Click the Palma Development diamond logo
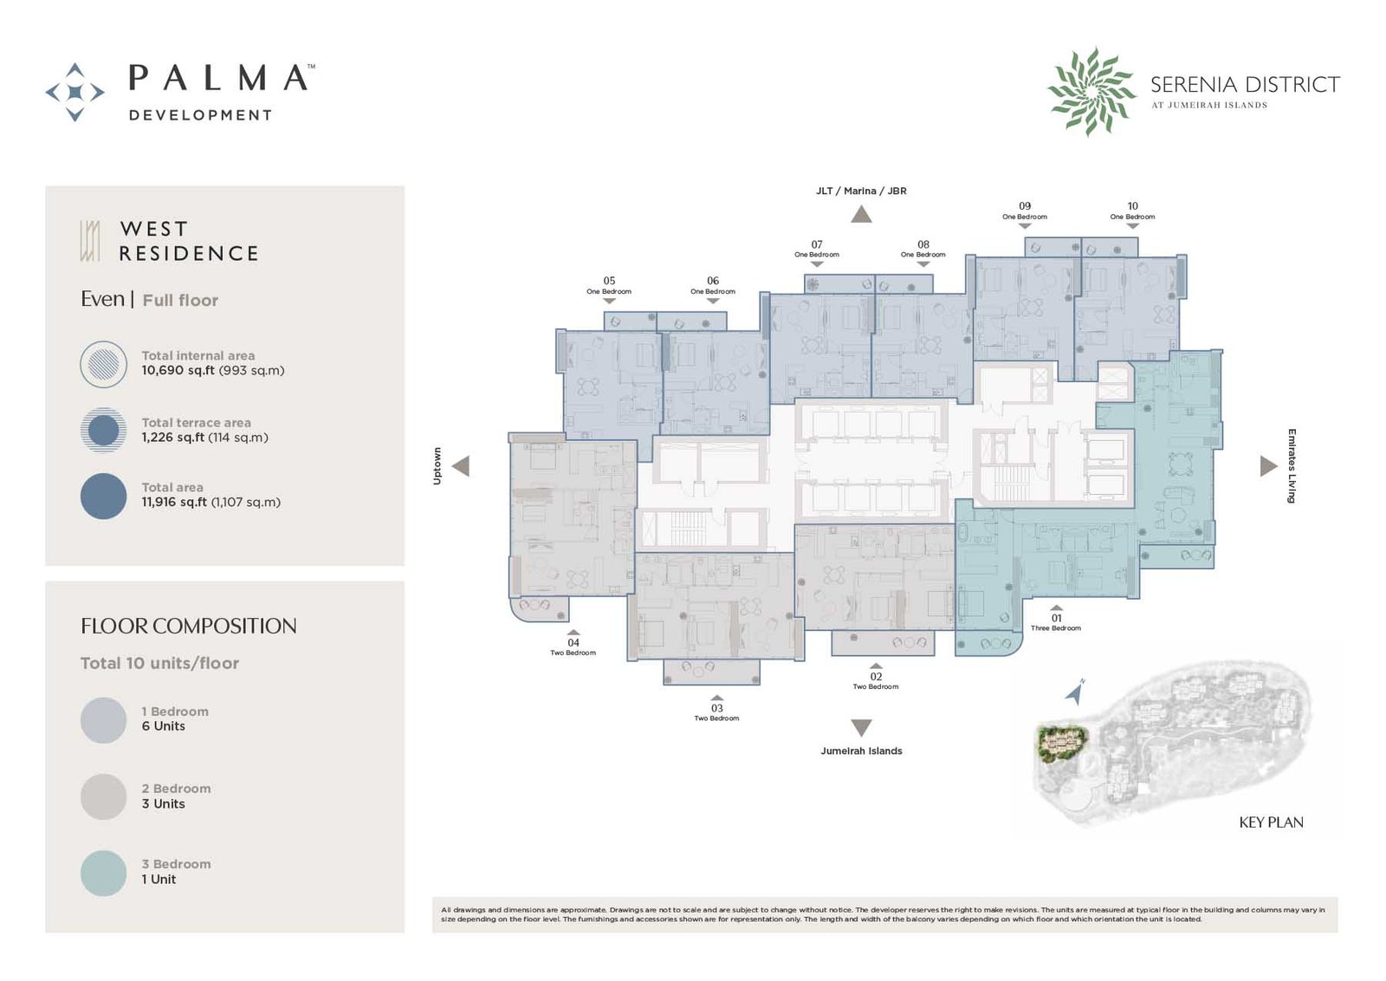tap(74, 92)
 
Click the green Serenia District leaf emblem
tap(1091, 92)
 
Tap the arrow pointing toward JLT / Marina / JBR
tap(861, 214)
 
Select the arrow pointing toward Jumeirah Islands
tap(861, 727)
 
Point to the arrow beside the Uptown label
tap(461, 466)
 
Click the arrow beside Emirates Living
tap(1268, 466)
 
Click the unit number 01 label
tap(1056, 618)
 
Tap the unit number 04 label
tap(573, 642)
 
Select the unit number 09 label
tap(1025, 206)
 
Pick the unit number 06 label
tap(713, 281)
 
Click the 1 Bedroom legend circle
tap(103, 720)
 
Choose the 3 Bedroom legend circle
tap(103, 873)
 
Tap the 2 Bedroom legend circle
tap(103, 796)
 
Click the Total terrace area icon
tap(103, 430)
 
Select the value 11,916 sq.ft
tap(174, 502)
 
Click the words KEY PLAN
tap(1271, 822)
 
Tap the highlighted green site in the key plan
tap(1062, 744)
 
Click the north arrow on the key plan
tap(1075, 692)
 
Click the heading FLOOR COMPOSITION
tap(189, 626)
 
